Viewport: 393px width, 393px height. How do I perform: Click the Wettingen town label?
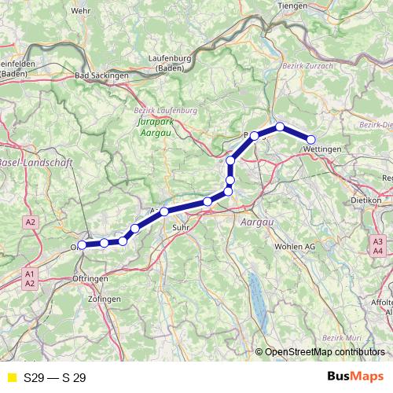tap(321, 149)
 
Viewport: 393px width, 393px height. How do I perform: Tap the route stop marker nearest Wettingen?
tap(311, 139)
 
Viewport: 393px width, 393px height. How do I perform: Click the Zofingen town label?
tap(105, 300)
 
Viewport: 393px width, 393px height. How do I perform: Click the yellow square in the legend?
tap(11, 377)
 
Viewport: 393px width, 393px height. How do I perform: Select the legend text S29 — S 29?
tap(55, 377)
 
